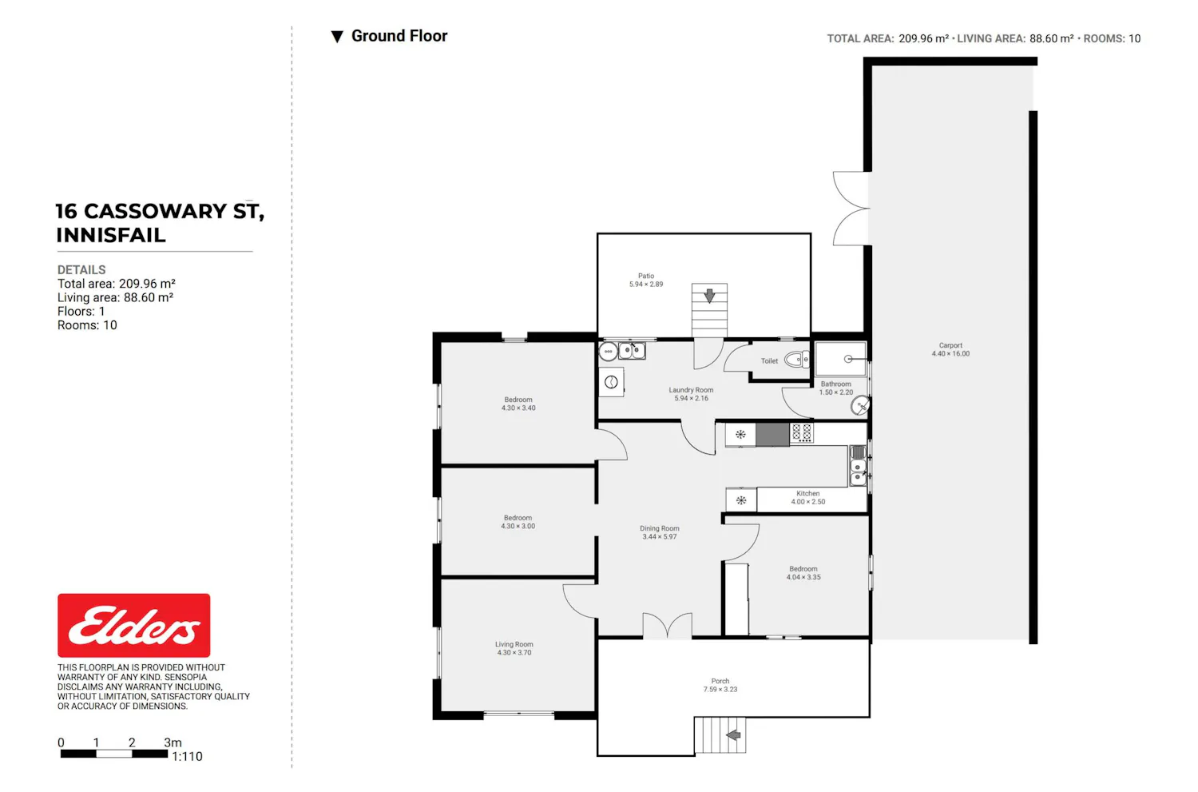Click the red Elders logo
point(133,625)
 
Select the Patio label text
point(646,277)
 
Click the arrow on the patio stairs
point(709,296)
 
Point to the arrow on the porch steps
point(733,735)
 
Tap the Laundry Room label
point(691,390)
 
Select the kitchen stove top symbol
point(802,433)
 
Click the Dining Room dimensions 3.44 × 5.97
point(660,537)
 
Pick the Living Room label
point(514,644)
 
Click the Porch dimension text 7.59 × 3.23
point(720,689)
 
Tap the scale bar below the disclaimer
point(114,754)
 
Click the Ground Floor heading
point(399,36)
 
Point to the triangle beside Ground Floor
point(337,37)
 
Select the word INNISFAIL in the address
point(111,235)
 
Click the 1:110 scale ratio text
point(187,756)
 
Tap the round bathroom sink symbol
point(860,406)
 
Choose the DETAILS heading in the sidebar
point(81,269)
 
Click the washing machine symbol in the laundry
point(611,382)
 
